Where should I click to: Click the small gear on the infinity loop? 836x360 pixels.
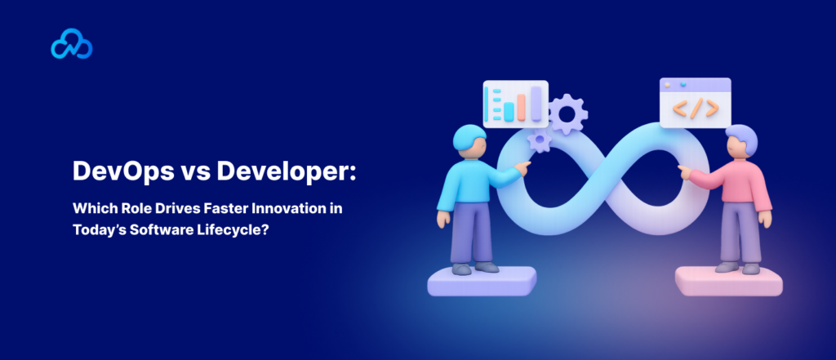pyautogui.click(x=538, y=140)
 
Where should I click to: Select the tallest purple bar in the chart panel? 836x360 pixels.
pyautogui.click(x=536, y=102)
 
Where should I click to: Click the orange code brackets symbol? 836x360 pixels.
pyautogui.click(x=695, y=108)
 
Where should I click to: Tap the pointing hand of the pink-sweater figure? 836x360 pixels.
pyautogui.click(x=683, y=171)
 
